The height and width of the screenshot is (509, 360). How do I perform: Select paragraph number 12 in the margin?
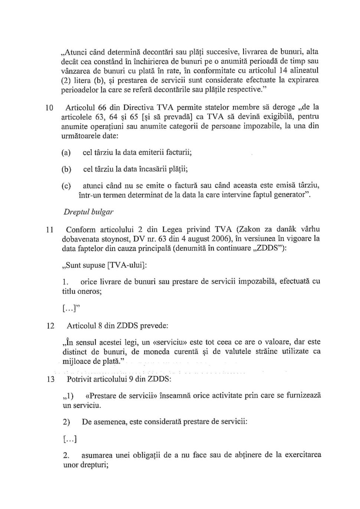click(x=50, y=326)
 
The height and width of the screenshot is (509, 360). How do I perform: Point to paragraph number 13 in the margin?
click(x=50, y=379)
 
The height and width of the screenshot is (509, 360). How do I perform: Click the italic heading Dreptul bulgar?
click(x=88, y=212)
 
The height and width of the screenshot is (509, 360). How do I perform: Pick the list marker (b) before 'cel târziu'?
click(x=66, y=169)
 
